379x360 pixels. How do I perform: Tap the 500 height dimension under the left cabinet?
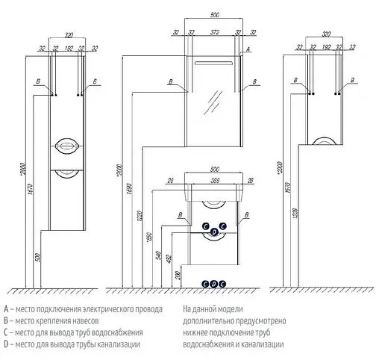[37, 258]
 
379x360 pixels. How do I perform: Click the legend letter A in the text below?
[6, 308]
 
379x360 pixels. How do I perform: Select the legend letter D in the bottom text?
[6, 344]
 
